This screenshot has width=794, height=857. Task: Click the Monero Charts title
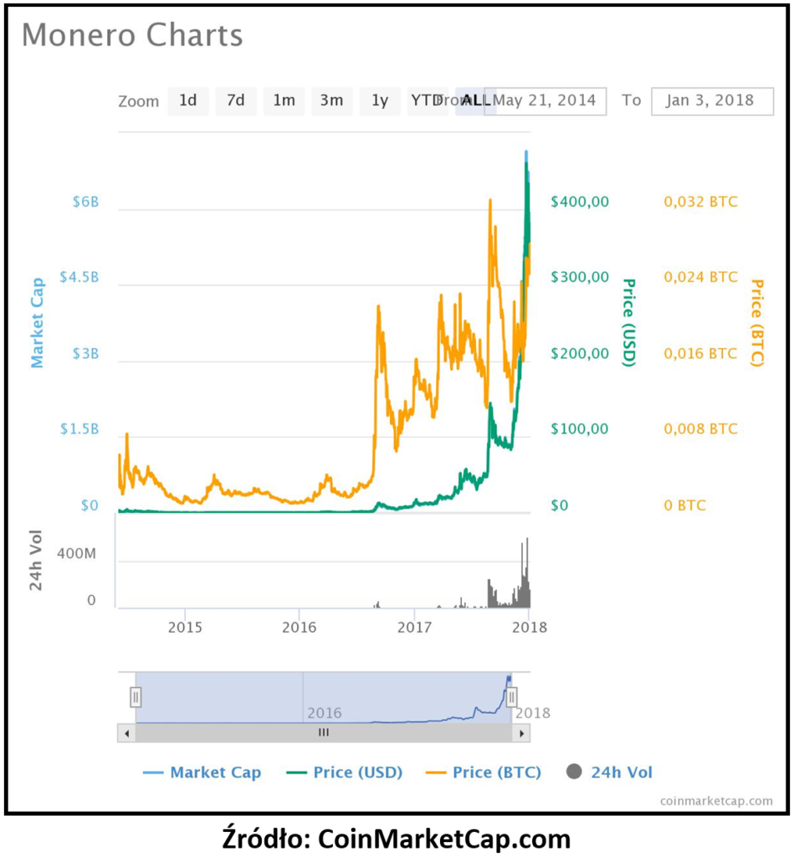click(132, 35)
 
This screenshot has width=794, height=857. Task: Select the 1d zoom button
click(187, 100)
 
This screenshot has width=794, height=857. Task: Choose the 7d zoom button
click(236, 100)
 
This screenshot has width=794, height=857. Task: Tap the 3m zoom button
click(331, 100)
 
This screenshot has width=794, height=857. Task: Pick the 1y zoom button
click(380, 100)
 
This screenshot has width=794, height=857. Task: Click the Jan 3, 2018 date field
click(709, 100)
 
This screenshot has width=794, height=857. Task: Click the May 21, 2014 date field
click(545, 100)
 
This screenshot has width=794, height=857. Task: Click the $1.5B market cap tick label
click(79, 428)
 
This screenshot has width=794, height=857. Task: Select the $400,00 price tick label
click(579, 202)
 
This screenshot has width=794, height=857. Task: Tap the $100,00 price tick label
click(579, 428)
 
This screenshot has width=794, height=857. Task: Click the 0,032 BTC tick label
click(700, 202)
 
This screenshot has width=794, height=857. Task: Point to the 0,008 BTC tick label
click(700, 428)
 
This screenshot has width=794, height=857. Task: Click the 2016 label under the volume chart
click(300, 627)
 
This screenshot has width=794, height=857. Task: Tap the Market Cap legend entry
click(215, 772)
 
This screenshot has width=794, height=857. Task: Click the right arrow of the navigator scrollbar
click(521, 733)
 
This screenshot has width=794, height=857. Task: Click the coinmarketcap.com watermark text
click(716, 800)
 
